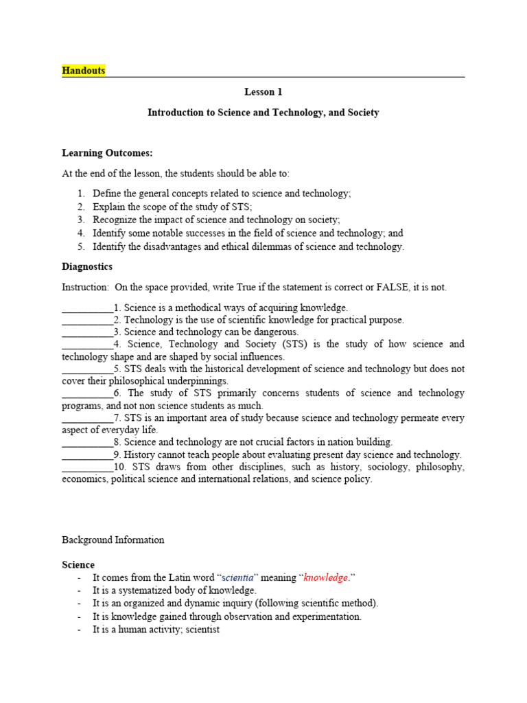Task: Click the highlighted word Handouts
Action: pyautogui.click(x=83, y=71)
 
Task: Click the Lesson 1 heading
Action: pyautogui.click(x=263, y=92)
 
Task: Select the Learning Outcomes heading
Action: pyautogui.click(x=107, y=153)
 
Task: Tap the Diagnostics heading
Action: pyautogui.click(x=87, y=266)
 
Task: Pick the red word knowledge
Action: pyautogui.click(x=325, y=578)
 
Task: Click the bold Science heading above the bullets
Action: pyautogui.click(x=78, y=565)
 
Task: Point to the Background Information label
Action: pyautogui.click(x=113, y=540)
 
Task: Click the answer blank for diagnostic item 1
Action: pyautogui.click(x=87, y=308)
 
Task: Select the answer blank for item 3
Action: pyautogui.click(x=87, y=332)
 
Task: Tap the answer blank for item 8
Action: pyautogui.click(x=87, y=443)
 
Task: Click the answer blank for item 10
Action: pyautogui.click(x=87, y=468)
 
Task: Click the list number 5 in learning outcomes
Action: pyautogui.click(x=80, y=247)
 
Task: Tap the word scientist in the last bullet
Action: pyautogui.click(x=199, y=630)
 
